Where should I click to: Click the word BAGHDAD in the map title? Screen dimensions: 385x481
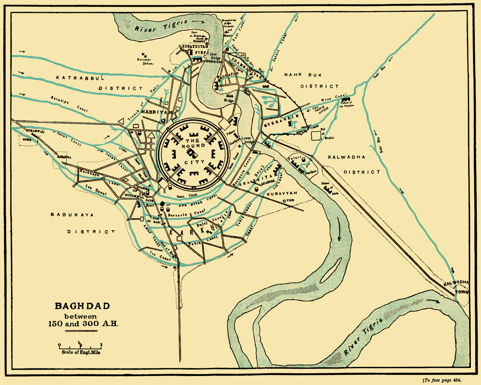click(x=83, y=306)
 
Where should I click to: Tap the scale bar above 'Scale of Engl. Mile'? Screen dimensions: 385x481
click(x=80, y=345)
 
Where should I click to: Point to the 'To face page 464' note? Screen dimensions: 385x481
click(x=442, y=380)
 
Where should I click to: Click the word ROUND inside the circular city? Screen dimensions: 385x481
click(x=193, y=146)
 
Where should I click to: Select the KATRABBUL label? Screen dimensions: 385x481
click(x=80, y=78)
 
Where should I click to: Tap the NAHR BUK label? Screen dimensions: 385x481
click(x=303, y=75)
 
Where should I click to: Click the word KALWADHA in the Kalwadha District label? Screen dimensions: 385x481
click(x=346, y=157)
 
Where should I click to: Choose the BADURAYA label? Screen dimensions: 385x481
click(x=72, y=215)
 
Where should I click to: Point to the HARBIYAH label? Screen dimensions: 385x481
click(x=157, y=112)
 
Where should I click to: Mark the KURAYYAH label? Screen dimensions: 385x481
click(x=282, y=193)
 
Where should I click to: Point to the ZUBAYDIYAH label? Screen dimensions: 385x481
click(x=195, y=47)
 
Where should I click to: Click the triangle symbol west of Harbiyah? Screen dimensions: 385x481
click(x=121, y=121)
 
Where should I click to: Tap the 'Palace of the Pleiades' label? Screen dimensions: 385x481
click(x=346, y=104)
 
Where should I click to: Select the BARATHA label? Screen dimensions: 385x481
click(x=64, y=157)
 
